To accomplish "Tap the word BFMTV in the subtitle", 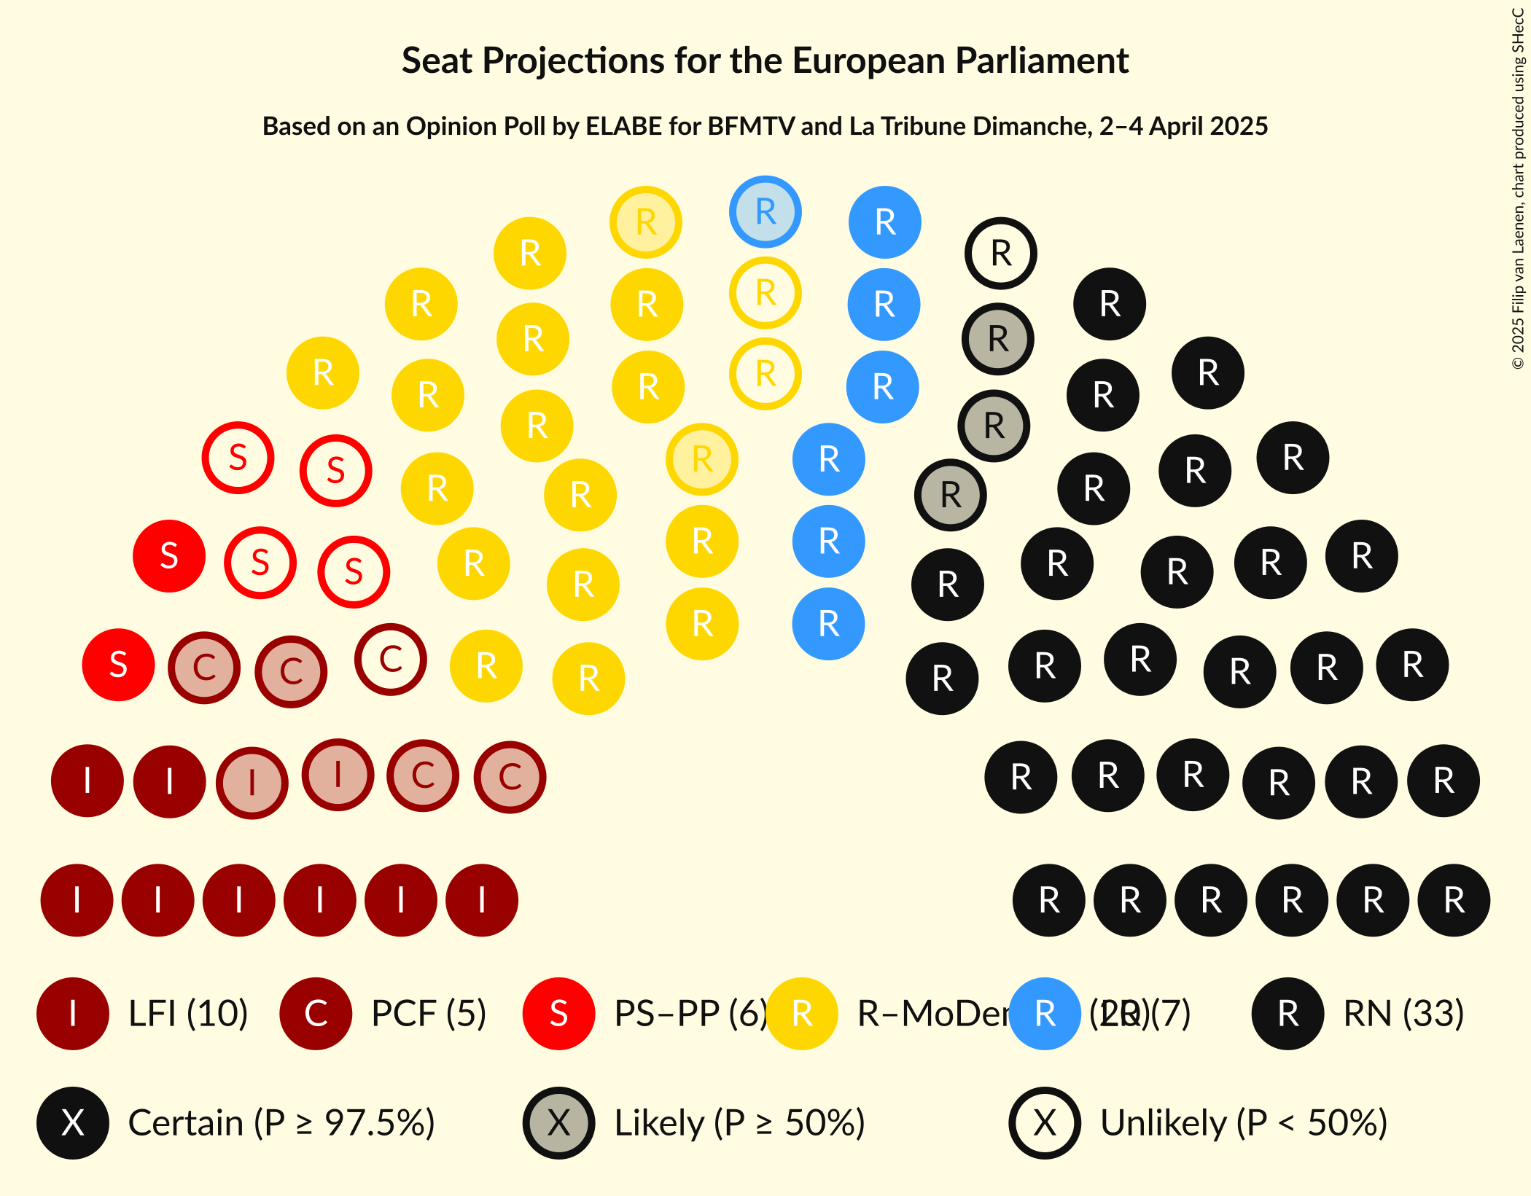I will (x=751, y=127).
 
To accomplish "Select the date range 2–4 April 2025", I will (x=1183, y=127).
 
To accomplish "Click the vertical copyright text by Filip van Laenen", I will (x=1518, y=189).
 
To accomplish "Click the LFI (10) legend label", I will (x=188, y=1014).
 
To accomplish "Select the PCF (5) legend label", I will (x=429, y=1014).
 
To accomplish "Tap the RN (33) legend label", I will (x=1403, y=1014).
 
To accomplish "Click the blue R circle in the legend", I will (x=1045, y=1014).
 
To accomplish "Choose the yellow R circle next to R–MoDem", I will (x=802, y=1014).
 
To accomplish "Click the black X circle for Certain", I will (x=73, y=1123).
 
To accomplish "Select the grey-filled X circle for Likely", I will (x=559, y=1123).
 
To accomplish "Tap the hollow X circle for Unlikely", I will (x=1045, y=1123).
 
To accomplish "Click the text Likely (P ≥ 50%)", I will (x=739, y=1123).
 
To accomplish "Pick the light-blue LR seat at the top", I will (x=765, y=212).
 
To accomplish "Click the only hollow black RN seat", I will (x=1001, y=254).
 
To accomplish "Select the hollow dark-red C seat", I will (x=391, y=660).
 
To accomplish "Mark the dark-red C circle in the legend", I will (x=316, y=1014).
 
